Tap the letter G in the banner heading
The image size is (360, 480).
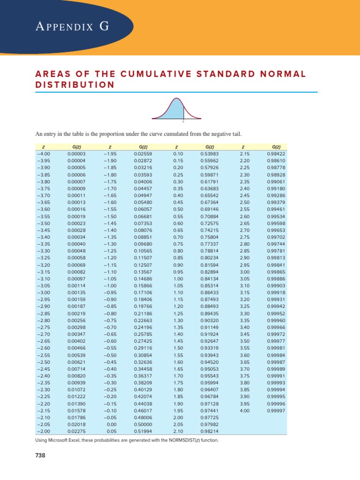(x=104, y=27)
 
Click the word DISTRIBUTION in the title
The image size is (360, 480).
(x=75, y=85)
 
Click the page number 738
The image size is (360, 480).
(x=40, y=456)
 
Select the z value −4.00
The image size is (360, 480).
(x=43, y=153)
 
